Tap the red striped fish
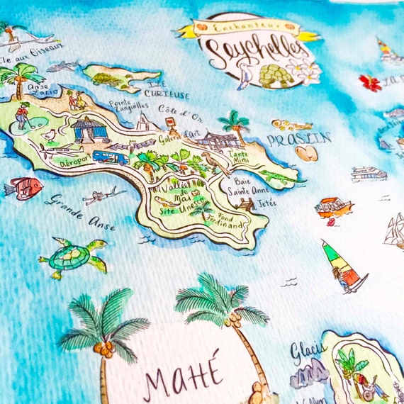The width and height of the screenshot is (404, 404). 23,187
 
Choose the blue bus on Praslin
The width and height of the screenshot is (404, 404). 111,156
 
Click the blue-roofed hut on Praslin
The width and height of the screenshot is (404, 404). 91,130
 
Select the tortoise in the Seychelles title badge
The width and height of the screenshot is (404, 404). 271,74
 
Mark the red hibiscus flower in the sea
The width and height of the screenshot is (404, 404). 369,82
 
